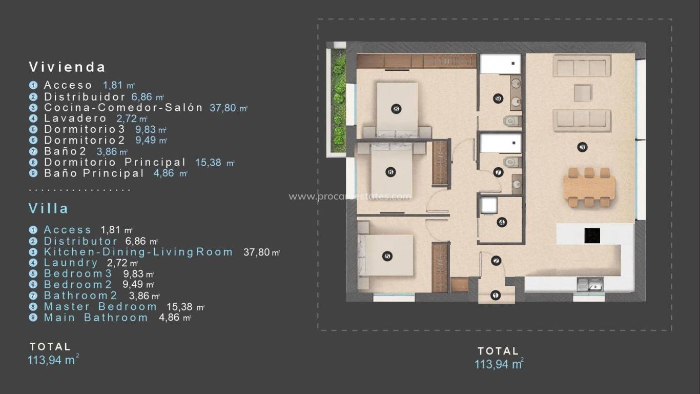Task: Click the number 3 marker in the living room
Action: click(582, 148)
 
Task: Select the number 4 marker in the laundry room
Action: click(501, 222)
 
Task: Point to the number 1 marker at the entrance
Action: click(495, 295)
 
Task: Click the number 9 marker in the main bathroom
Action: click(498, 98)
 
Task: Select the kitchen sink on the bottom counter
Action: click(590, 284)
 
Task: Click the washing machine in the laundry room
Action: click(488, 205)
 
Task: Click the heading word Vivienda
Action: click(67, 67)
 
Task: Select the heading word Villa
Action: click(49, 209)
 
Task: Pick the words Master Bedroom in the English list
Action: click(100, 307)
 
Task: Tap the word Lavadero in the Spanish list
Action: click(75, 119)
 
